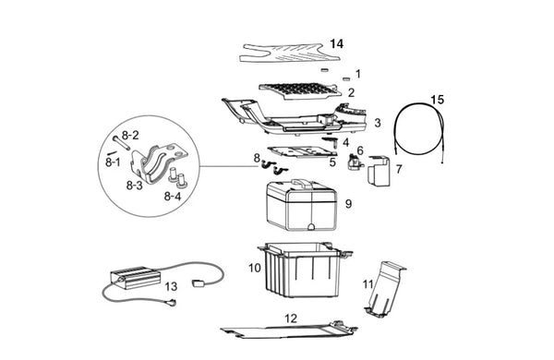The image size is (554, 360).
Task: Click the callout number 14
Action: click(x=336, y=43)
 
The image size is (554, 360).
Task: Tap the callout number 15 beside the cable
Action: click(x=437, y=100)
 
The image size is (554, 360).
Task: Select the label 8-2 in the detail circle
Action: click(x=130, y=135)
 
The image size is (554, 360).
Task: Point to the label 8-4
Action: click(x=173, y=196)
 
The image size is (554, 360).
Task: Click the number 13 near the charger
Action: click(x=171, y=286)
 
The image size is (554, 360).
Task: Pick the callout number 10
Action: click(x=255, y=268)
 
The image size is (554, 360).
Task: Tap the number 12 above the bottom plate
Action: click(x=291, y=318)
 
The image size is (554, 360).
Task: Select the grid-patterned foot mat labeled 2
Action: click(x=300, y=91)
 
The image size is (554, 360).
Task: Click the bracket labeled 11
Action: click(x=384, y=289)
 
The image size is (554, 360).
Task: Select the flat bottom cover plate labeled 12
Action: click(x=289, y=330)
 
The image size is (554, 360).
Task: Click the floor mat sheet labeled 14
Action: click(x=290, y=53)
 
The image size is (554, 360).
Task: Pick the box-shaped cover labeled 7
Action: click(x=379, y=171)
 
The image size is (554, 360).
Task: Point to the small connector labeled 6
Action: click(x=355, y=162)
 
